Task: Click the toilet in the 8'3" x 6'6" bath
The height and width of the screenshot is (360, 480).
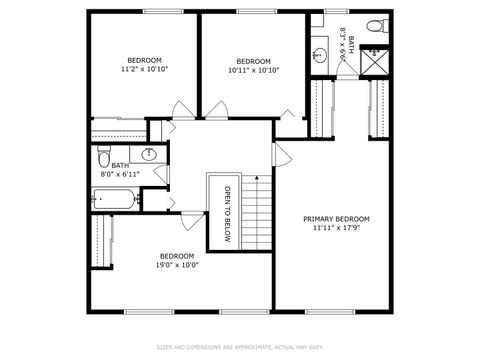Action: click(373, 26)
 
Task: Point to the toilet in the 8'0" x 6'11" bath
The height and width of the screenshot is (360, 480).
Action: click(104, 159)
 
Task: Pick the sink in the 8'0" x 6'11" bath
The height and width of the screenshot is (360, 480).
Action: click(149, 154)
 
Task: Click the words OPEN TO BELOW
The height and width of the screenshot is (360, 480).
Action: click(227, 214)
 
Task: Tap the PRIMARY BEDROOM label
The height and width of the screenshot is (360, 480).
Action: click(337, 219)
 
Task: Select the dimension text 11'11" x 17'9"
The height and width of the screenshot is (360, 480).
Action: click(337, 228)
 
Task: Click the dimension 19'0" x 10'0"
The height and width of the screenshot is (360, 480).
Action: click(176, 265)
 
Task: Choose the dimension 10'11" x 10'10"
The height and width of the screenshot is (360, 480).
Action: click(253, 69)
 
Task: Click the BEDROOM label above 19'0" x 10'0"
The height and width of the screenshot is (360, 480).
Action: click(176, 255)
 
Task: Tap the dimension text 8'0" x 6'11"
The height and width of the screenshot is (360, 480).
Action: click(119, 174)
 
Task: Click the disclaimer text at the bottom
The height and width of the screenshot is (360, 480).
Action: click(240, 347)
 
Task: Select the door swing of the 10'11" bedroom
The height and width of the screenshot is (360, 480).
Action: click(290, 112)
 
